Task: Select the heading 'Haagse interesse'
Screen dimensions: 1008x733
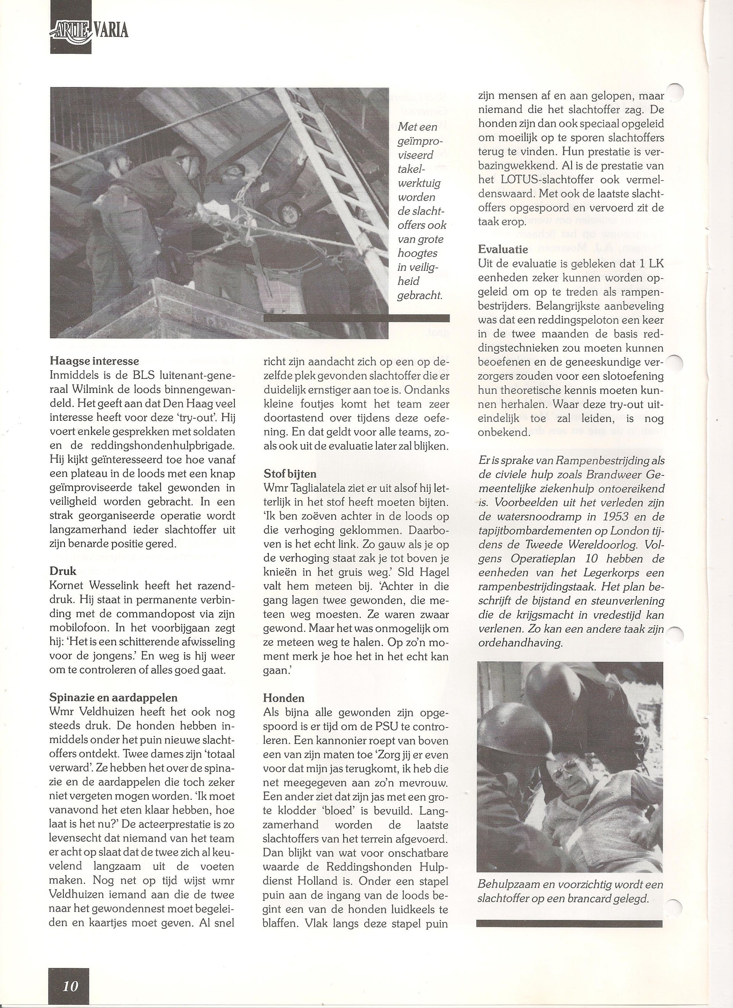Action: coord(94,360)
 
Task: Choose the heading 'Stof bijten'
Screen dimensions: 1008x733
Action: coord(289,474)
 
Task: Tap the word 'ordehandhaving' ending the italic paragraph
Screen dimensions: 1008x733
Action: coord(520,644)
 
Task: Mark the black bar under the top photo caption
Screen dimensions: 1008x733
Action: coord(357,318)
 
